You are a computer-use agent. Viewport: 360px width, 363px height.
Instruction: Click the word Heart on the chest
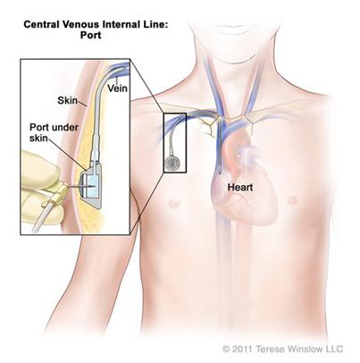click(240, 188)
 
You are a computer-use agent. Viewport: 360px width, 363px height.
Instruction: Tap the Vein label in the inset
click(117, 89)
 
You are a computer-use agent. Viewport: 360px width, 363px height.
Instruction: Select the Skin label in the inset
click(67, 100)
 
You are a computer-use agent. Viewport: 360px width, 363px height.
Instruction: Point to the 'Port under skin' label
click(54, 132)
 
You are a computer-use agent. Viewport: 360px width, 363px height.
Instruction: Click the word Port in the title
click(91, 35)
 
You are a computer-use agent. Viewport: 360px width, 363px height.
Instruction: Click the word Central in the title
click(41, 24)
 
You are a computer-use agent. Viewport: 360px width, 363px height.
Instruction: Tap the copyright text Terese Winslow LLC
click(299, 349)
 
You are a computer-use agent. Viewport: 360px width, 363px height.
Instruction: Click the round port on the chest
click(172, 163)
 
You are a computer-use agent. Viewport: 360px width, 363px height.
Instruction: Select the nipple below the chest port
click(173, 204)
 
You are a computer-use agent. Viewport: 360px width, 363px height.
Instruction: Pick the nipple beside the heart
click(292, 199)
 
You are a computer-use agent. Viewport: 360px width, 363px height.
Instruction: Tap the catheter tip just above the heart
click(220, 172)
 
